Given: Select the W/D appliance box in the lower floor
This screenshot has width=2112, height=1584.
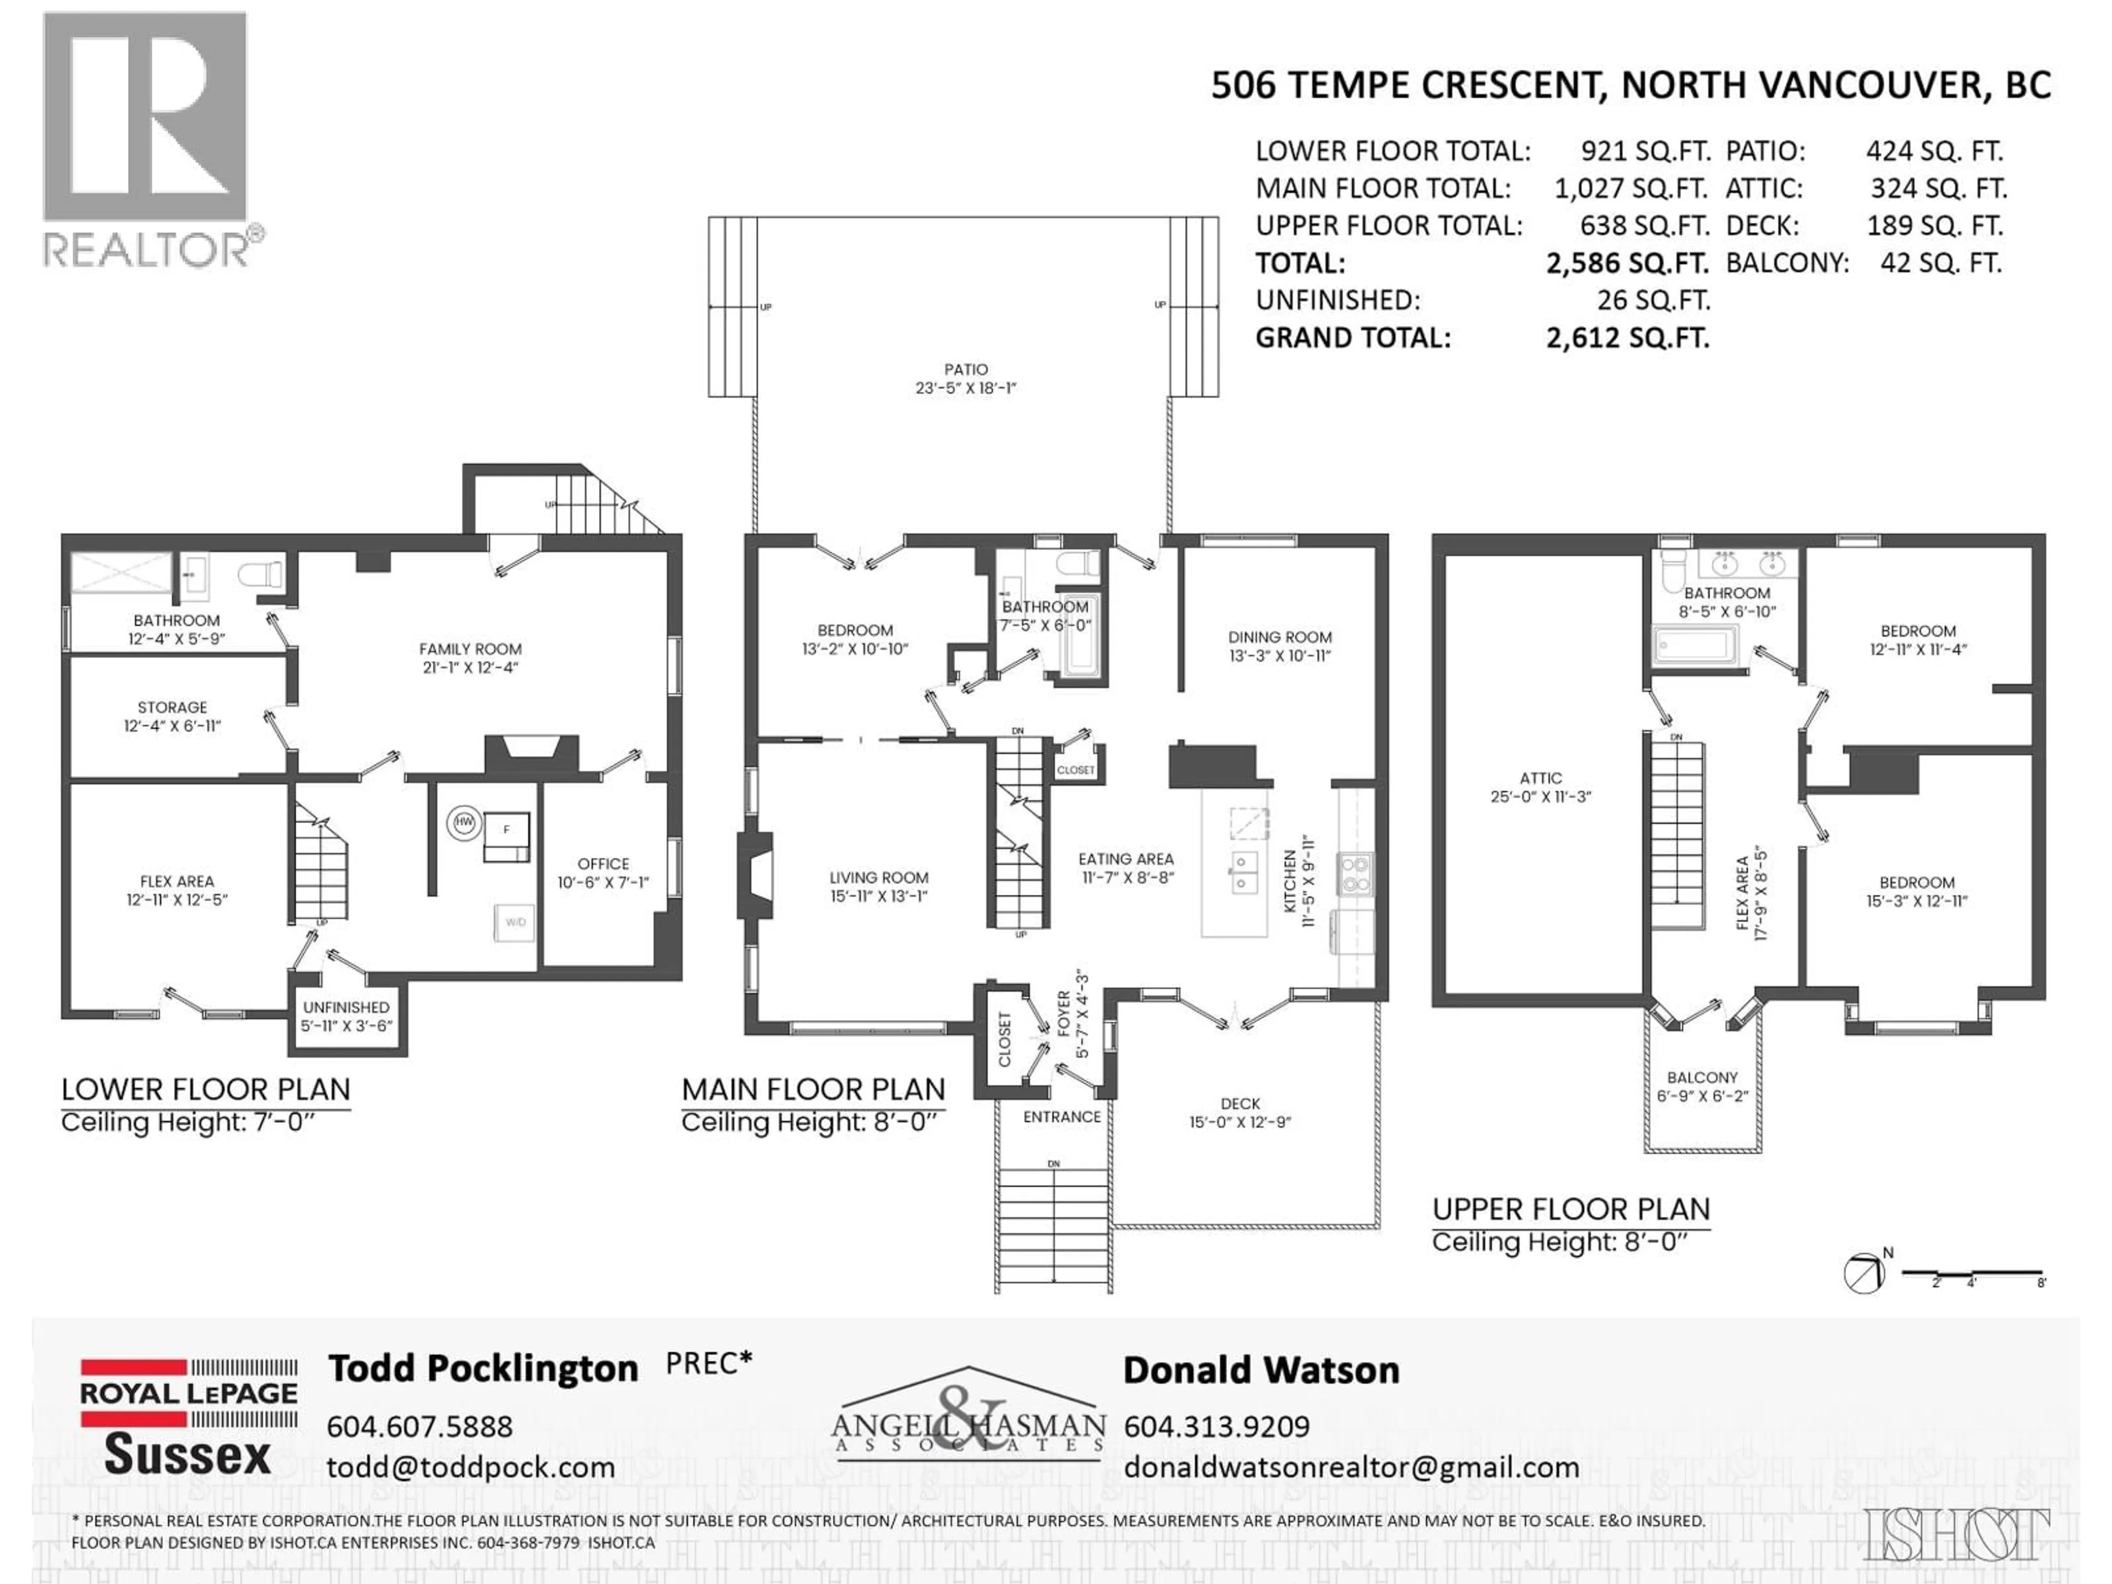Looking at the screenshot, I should click(515, 922).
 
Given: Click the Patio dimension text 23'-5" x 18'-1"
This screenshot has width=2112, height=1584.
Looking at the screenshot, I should click(965, 388).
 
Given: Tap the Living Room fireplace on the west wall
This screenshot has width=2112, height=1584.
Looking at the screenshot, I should click(754, 876).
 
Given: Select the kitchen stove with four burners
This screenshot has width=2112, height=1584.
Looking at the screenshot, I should click(1355, 873).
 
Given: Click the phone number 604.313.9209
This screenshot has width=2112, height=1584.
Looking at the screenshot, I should click(1217, 1427).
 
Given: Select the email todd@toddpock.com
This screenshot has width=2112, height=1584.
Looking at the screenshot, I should click(471, 1467).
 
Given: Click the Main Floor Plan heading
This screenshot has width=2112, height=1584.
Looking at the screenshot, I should click(812, 1090).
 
